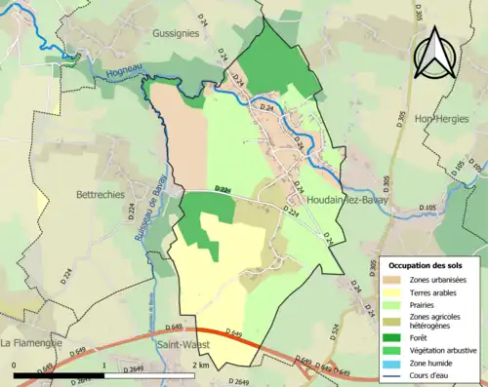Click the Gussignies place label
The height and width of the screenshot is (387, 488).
tap(176, 32)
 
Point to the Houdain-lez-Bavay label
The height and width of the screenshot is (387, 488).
tap(347, 199)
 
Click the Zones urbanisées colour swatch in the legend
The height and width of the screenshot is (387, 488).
tap(398, 280)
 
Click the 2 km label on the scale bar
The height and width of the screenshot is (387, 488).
tap(201, 364)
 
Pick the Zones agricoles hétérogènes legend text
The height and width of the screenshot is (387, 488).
tap(439, 319)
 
